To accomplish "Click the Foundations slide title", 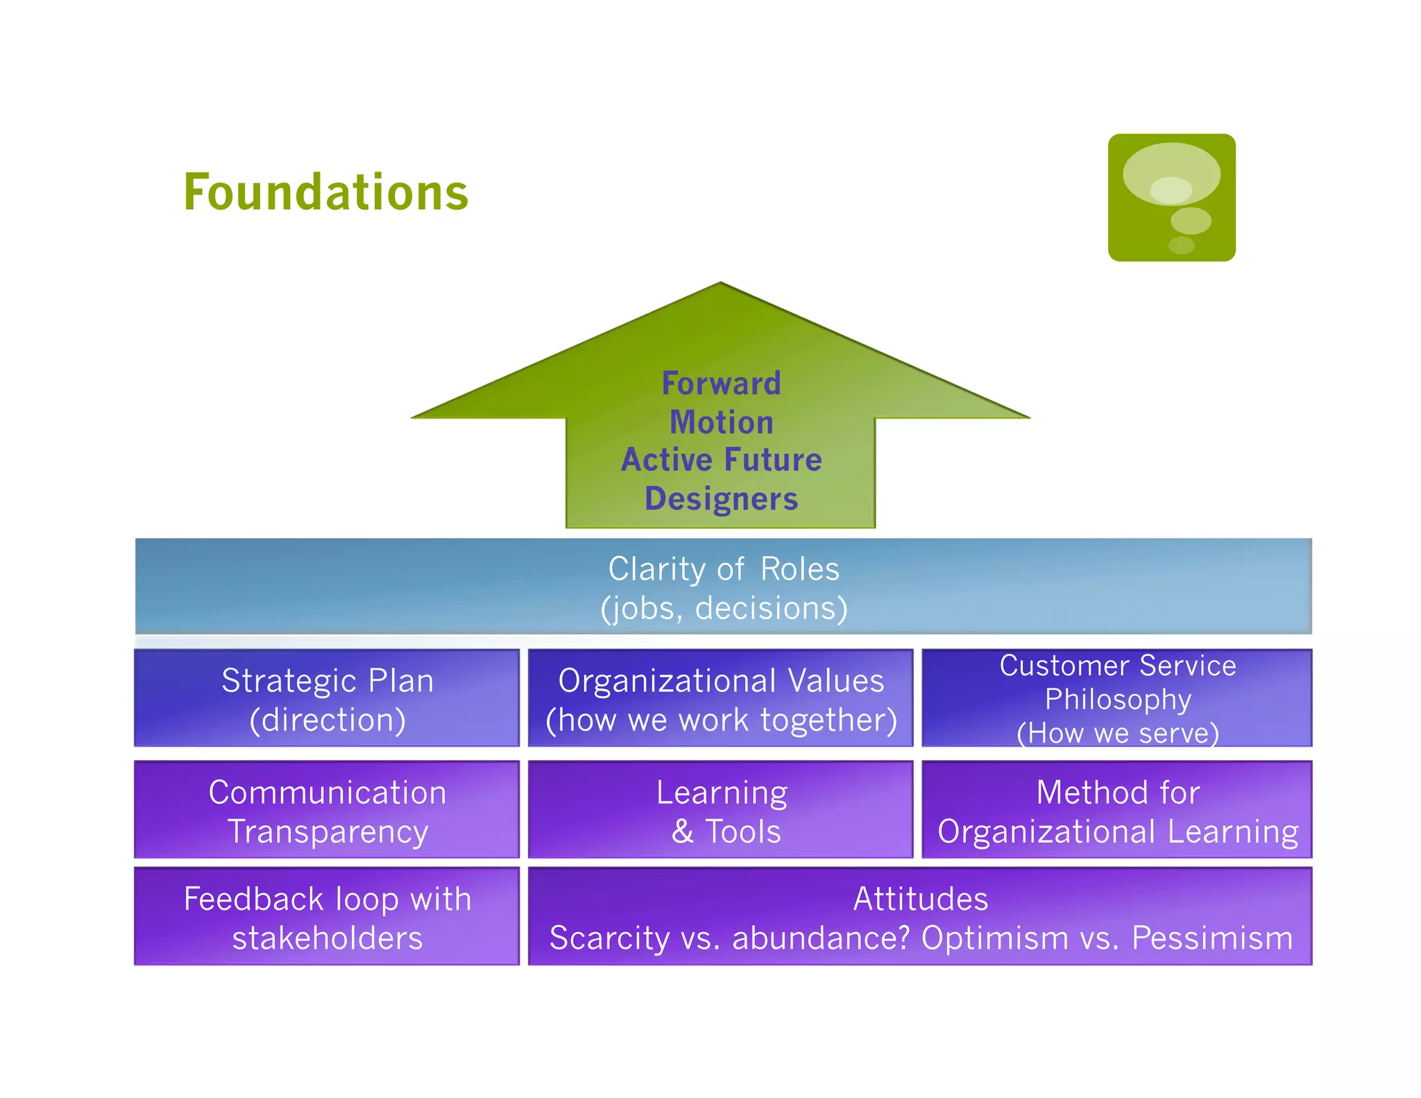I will [x=325, y=192].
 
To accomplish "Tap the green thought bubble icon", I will [x=1171, y=198].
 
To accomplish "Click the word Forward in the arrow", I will [x=721, y=384].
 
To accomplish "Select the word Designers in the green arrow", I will [x=721, y=499].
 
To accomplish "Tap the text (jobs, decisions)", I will [x=723, y=609].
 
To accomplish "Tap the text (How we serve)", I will [x=1117, y=733].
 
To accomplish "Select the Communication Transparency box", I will [x=327, y=810].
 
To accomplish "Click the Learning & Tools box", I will [x=720, y=810].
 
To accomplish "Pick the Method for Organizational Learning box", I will [x=1117, y=810].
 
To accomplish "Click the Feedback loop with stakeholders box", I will [x=327, y=916].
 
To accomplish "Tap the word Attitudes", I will [x=920, y=899].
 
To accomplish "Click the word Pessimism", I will [x=1212, y=938].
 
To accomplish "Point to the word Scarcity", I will [x=609, y=938].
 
